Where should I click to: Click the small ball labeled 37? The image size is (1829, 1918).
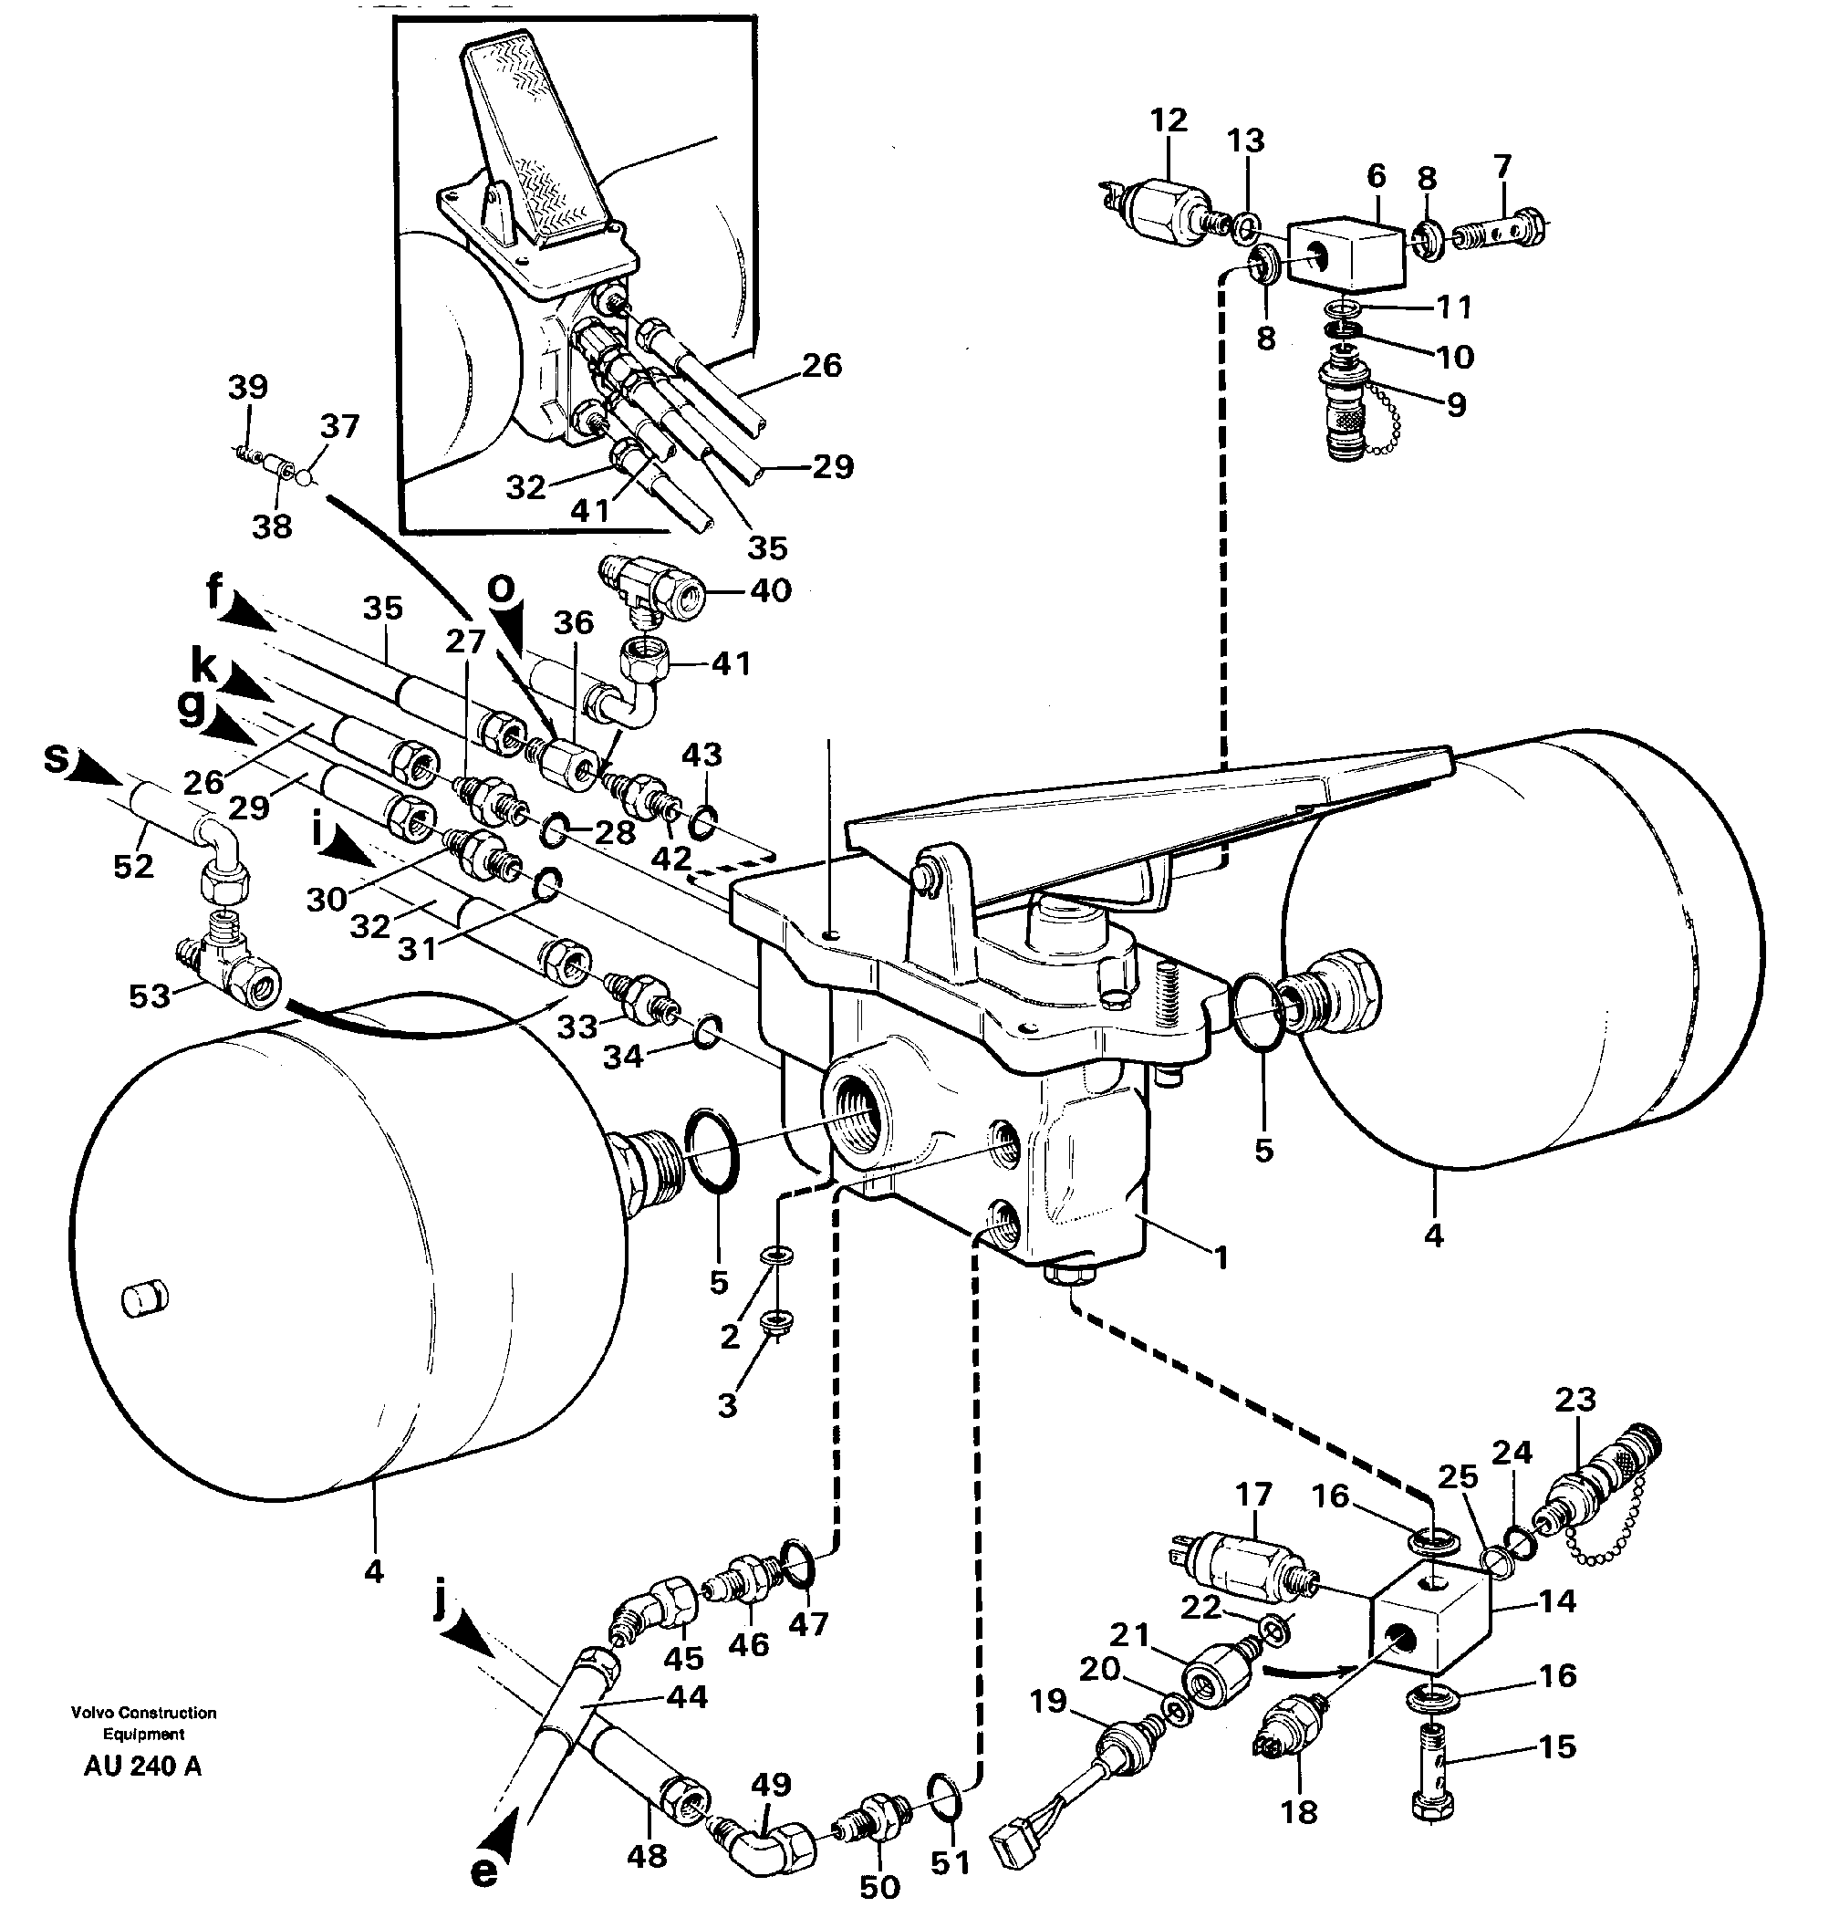[x=303, y=478]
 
